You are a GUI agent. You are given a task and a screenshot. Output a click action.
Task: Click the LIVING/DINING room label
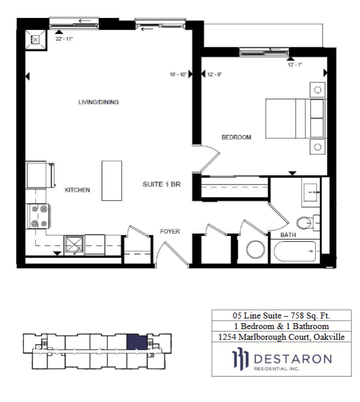[x=99, y=102]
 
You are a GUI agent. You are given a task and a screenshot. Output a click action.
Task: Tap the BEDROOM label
[x=236, y=137]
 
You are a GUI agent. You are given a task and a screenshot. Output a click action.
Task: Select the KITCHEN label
[x=78, y=190]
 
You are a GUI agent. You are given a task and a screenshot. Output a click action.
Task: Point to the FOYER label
[x=170, y=232]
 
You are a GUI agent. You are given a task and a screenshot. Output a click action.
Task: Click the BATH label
[x=288, y=235]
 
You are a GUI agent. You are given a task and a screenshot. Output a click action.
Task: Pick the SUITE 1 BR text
[x=162, y=185]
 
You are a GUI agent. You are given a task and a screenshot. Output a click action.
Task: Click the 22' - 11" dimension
[x=64, y=39]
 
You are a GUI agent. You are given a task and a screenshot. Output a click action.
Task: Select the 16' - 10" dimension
[x=178, y=75]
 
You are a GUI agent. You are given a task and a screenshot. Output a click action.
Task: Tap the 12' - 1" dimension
[x=295, y=65]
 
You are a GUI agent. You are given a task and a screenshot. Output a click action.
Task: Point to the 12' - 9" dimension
[x=214, y=75]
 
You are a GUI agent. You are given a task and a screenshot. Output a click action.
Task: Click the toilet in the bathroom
[x=308, y=222]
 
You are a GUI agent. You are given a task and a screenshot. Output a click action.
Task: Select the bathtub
[x=295, y=251]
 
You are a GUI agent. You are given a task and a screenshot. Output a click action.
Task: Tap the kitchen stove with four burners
[x=38, y=216]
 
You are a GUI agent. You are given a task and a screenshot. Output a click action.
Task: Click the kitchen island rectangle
[x=112, y=181]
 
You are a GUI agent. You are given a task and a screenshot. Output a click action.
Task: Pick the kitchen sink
[x=74, y=246]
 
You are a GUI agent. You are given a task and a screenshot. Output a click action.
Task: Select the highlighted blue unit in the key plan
[x=137, y=342]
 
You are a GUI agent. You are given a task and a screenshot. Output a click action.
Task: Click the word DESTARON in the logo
[x=293, y=359]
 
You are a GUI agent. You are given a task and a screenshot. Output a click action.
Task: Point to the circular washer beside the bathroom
[x=256, y=250]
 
